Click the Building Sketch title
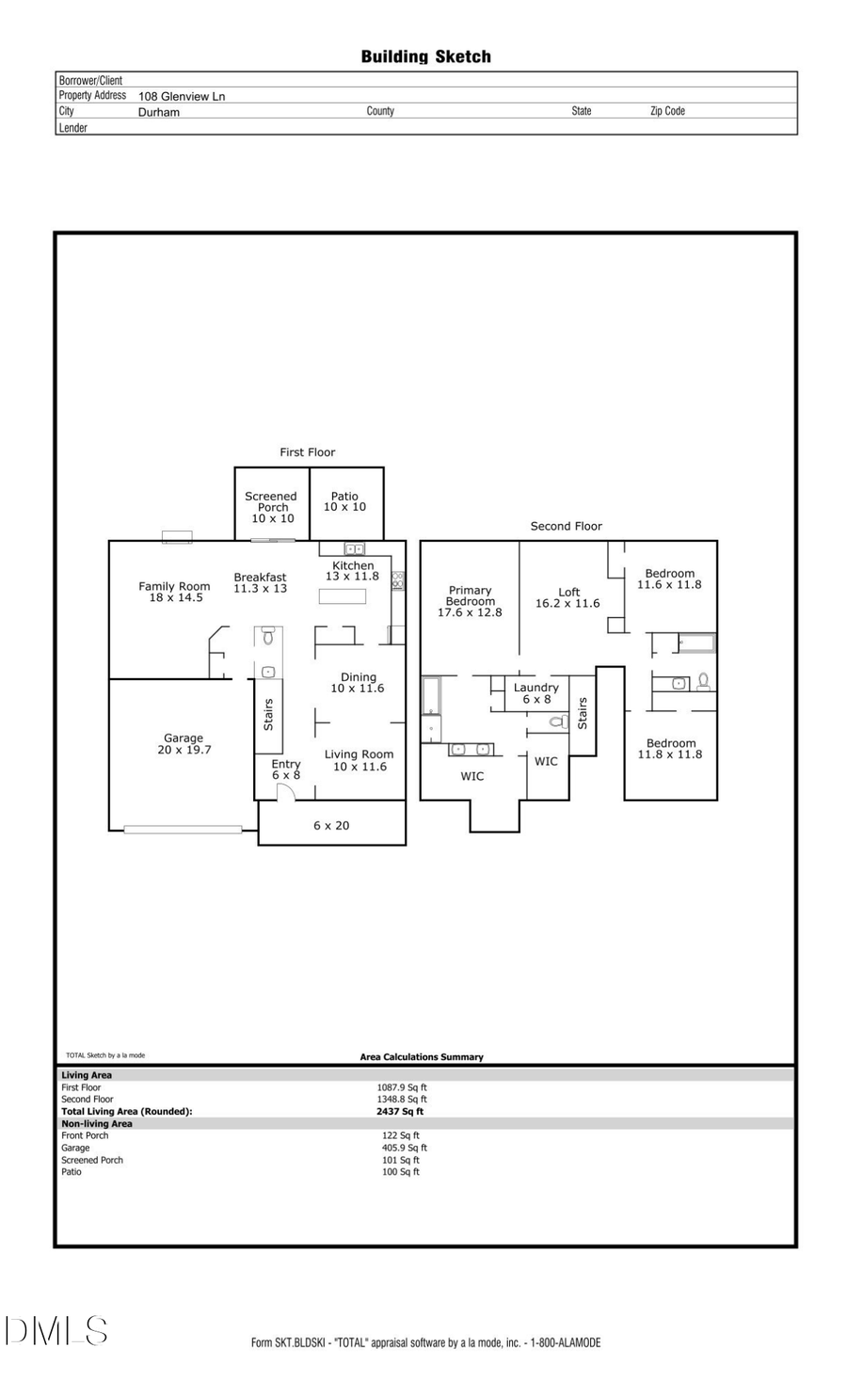point(425,56)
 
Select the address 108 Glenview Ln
point(182,96)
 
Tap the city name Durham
point(159,112)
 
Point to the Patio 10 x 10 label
point(344,501)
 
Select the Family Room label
point(175,592)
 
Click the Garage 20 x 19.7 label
point(184,744)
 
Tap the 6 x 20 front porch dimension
point(331,826)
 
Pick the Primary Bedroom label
point(470,601)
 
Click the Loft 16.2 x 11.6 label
point(567,598)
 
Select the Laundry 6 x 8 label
point(536,693)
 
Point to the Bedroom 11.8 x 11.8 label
point(670,749)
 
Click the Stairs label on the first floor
point(268,715)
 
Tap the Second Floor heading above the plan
point(566,526)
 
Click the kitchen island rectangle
point(343,596)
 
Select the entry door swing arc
point(286,792)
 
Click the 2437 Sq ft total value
point(400,1111)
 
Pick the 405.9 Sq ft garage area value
point(404,1148)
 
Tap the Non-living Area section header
point(97,1123)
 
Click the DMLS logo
point(56,1331)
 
